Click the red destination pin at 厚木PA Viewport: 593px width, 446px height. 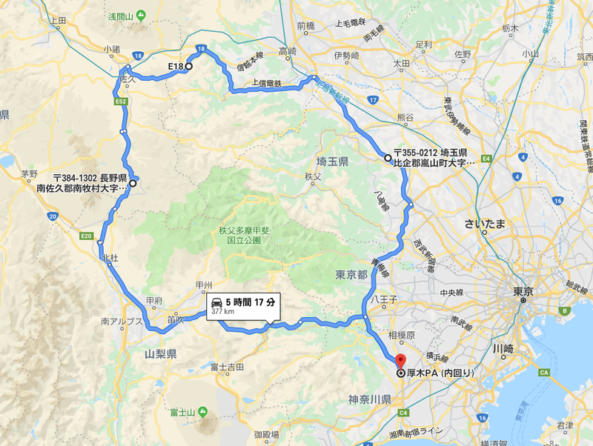[400, 361]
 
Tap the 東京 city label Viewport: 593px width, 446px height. [523, 292]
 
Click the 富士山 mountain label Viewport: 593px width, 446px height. [182, 412]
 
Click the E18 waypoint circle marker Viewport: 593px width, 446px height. [188, 67]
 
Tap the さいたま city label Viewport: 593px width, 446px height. [485, 222]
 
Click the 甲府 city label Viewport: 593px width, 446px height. [154, 301]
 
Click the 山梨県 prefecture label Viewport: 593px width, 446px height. [161, 355]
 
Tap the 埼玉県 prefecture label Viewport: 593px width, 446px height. [332, 161]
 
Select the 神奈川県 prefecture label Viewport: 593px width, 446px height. [368, 399]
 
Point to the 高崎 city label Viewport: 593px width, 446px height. [288, 51]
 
